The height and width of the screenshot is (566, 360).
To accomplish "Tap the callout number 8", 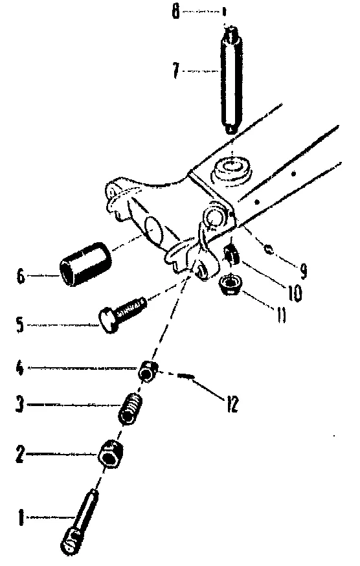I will coord(175,12).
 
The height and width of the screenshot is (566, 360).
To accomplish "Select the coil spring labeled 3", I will coord(131,409).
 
